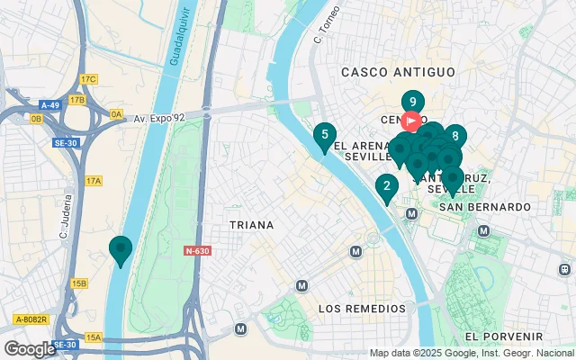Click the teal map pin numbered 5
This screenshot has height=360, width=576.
[325, 137]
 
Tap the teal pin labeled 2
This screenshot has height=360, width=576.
[387, 187]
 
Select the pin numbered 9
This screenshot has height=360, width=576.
[412, 103]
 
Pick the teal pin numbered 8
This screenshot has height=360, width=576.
[455, 137]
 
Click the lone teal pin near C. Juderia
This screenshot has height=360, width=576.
[120, 248]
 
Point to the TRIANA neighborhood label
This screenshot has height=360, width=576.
[251, 225]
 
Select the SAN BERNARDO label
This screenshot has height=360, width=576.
[487, 207]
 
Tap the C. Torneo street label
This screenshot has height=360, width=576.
[322, 31]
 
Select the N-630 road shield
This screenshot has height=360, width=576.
[196, 251]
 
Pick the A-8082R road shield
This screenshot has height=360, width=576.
[31, 319]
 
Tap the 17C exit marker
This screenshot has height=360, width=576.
[87, 79]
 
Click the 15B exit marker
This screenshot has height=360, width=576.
[79, 283]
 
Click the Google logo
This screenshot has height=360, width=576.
[30, 348]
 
